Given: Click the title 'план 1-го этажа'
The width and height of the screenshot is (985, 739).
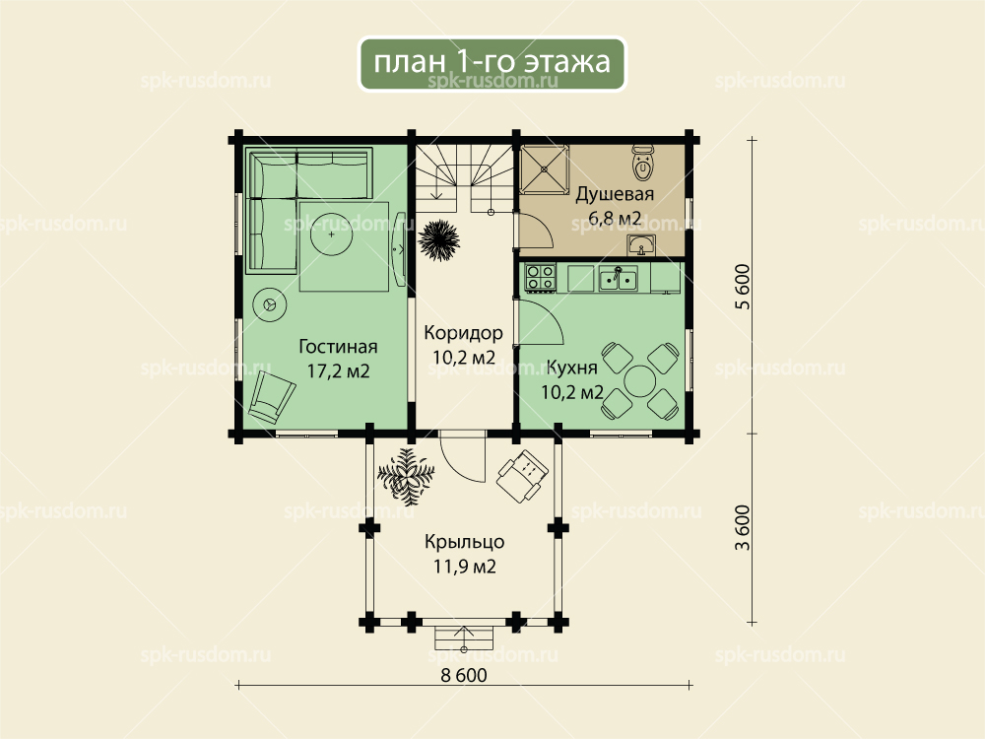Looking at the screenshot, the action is [492, 62].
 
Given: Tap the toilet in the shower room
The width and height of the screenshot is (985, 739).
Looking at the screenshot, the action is [642, 163].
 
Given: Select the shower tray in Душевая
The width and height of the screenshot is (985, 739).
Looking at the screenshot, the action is [544, 168].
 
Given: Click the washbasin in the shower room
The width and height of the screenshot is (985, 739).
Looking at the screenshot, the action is [641, 245].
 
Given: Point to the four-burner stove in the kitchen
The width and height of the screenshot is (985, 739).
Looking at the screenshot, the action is [540, 279].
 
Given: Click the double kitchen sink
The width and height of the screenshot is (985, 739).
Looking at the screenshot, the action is [619, 278].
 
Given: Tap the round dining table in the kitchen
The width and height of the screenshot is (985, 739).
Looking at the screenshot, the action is [640, 380].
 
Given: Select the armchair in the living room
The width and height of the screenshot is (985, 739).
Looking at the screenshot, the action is [272, 397].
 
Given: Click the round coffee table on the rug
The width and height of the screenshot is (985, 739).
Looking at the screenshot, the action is [332, 235].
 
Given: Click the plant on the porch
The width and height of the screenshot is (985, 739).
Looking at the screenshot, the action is [406, 474].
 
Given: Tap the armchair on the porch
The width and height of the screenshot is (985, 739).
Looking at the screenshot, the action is [522, 476].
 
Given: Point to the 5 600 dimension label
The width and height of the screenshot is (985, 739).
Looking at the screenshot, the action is [743, 287].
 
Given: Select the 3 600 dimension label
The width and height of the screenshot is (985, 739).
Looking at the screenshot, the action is [743, 528].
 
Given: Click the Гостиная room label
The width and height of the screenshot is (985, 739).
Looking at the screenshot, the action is [338, 347].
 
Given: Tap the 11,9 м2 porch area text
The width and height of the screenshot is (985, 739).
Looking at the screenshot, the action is [465, 567].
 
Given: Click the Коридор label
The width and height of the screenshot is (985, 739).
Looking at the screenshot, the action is [464, 332].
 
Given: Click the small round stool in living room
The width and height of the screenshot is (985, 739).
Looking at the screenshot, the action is [270, 305].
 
